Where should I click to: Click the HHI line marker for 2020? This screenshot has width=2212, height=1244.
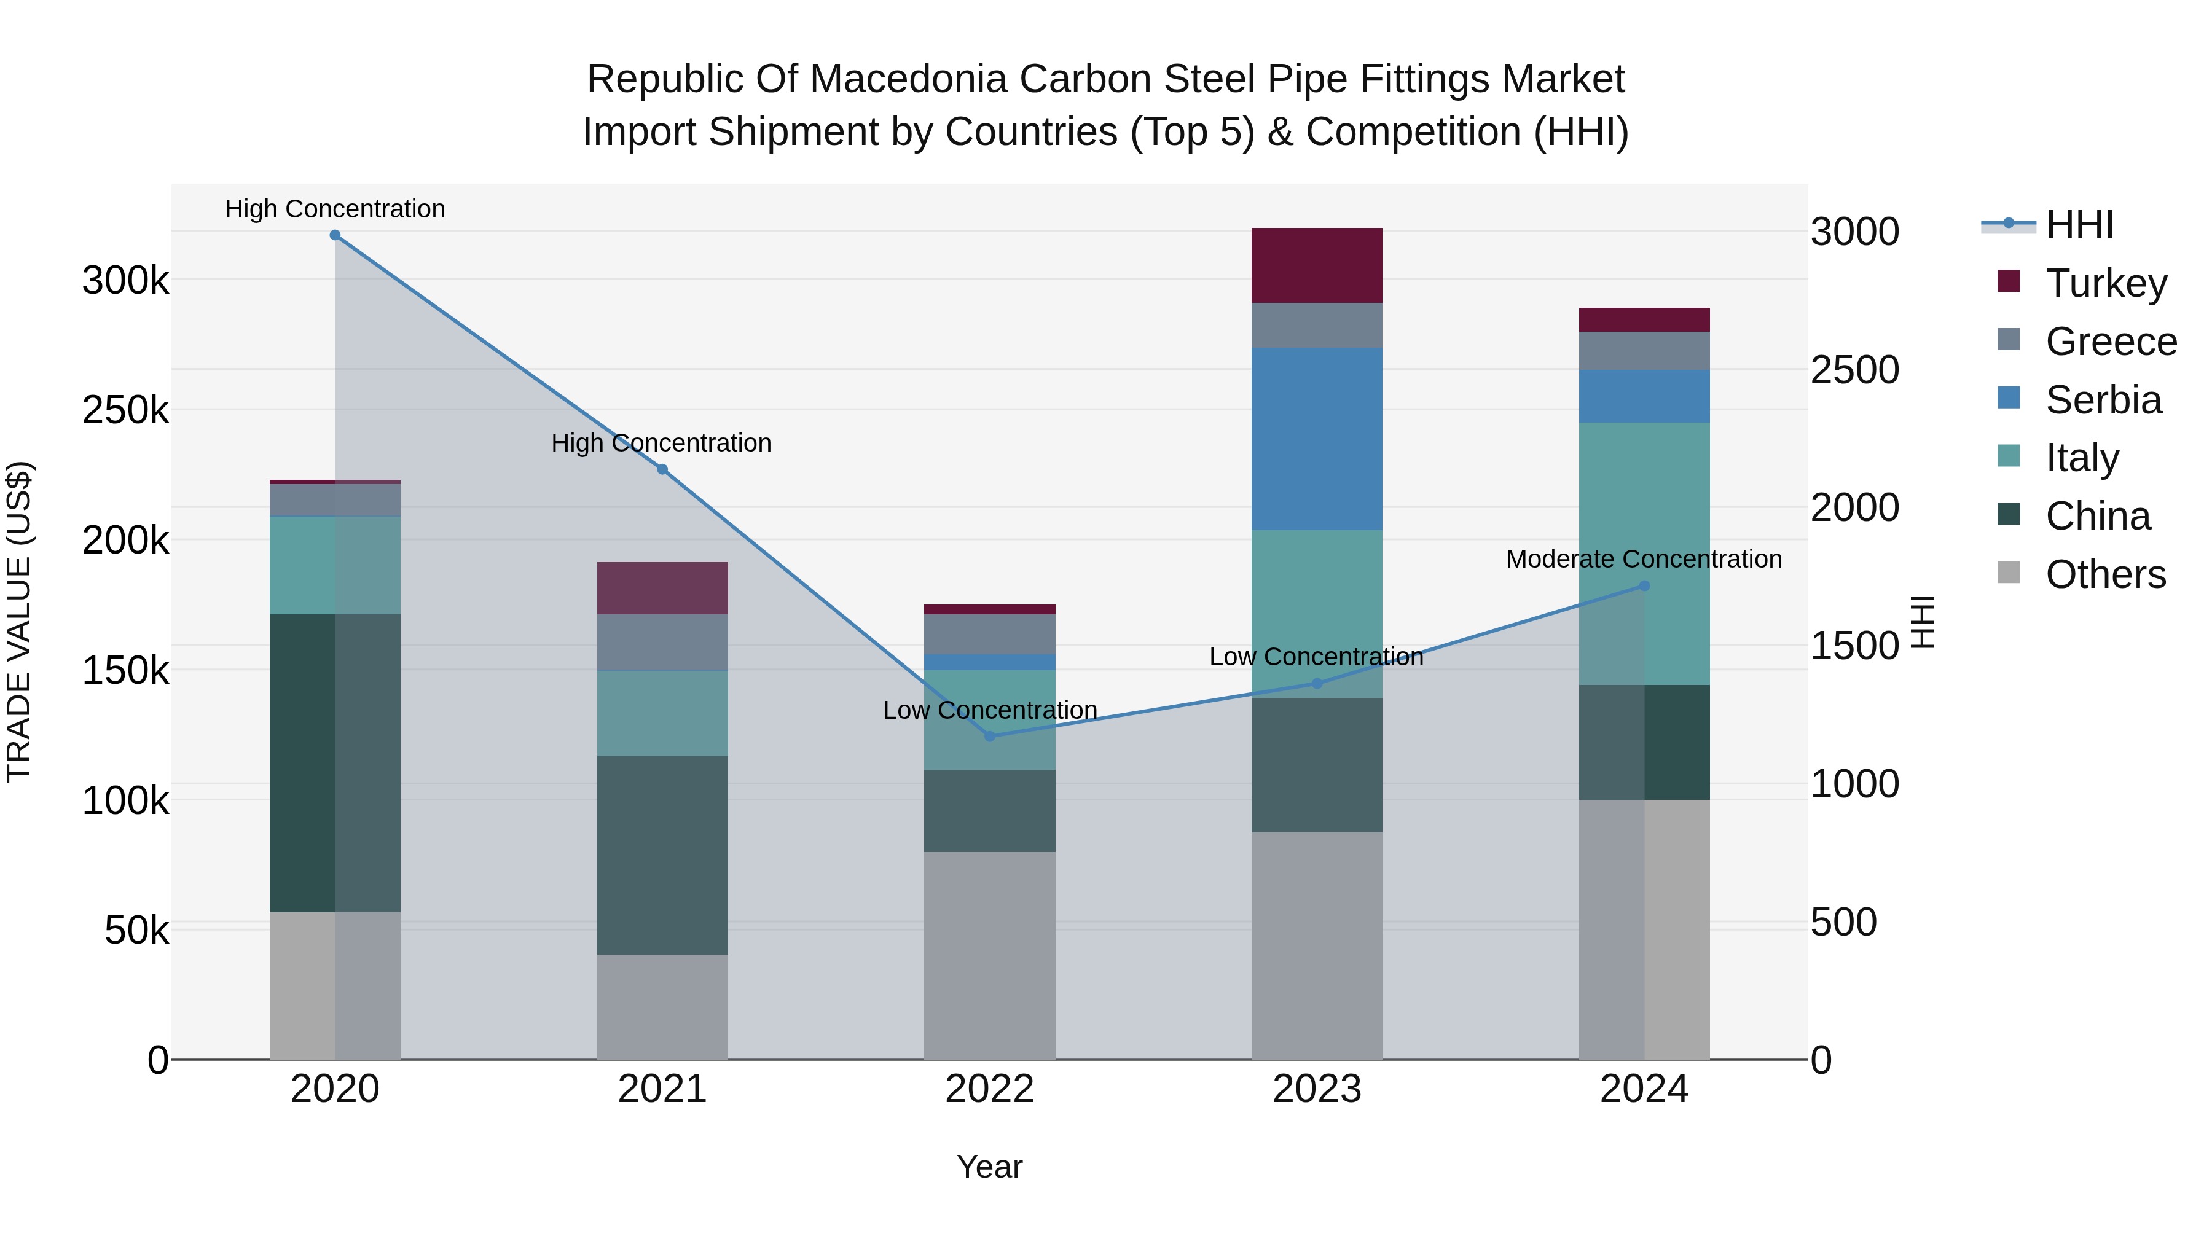click(x=335, y=235)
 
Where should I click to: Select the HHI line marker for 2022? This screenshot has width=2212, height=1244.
click(x=989, y=736)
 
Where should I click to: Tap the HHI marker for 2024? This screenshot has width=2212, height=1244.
click(x=1644, y=585)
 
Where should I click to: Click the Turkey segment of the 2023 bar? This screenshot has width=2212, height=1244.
click(x=1316, y=265)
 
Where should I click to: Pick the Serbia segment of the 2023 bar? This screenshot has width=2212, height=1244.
click(x=1316, y=439)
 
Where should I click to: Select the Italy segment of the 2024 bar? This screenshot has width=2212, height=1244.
click(x=1644, y=553)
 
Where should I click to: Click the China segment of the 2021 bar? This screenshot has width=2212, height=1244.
click(x=662, y=855)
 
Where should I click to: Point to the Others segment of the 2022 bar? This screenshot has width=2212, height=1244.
click(x=989, y=955)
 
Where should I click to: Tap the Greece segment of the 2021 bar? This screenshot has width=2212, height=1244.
click(x=662, y=642)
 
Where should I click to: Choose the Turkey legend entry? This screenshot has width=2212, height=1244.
click(x=2106, y=283)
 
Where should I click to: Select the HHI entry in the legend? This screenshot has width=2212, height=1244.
click(x=2078, y=225)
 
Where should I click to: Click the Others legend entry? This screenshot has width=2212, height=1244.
click(x=2104, y=574)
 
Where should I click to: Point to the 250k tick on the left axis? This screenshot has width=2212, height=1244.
click(x=125, y=410)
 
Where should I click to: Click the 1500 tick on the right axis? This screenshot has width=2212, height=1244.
click(x=1854, y=646)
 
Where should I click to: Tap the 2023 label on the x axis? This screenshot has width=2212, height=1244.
click(x=1316, y=1089)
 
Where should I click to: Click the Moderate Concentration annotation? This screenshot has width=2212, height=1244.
click(x=1644, y=559)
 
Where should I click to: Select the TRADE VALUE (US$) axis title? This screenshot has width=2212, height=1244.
click(x=19, y=622)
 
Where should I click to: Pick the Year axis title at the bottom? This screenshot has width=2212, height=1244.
click(x=989, y=1167)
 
